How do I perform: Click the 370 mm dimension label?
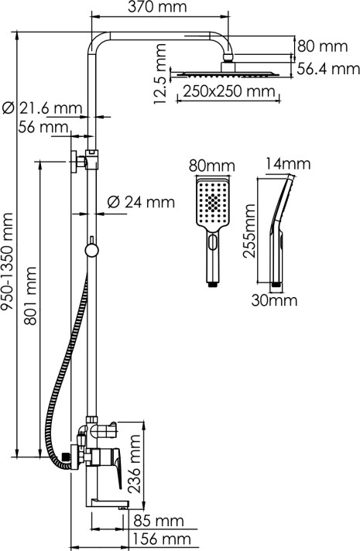[157, 6]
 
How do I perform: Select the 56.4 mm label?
[328, 69]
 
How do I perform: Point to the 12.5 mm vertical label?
[160, 74]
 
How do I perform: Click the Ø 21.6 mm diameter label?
[42, 108]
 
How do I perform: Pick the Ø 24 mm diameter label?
[141, 202]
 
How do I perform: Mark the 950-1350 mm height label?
[8, 262]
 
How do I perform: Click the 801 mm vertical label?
[31, 296]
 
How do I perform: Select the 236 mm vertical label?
[135, 464]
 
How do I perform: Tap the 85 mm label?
[159, 521]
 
